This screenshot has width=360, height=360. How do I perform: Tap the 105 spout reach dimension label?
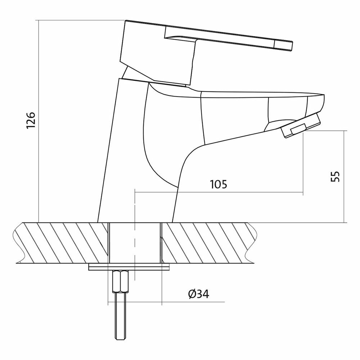coord(219,185)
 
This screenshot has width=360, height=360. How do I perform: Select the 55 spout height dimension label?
coord(335,176)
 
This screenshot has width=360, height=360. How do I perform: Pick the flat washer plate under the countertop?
coord(129,267)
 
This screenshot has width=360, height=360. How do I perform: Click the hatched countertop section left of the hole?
coord(61,243)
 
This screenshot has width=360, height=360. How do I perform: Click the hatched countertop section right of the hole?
coord(209,243)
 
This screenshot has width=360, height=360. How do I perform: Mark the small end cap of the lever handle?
coord(284,45)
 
